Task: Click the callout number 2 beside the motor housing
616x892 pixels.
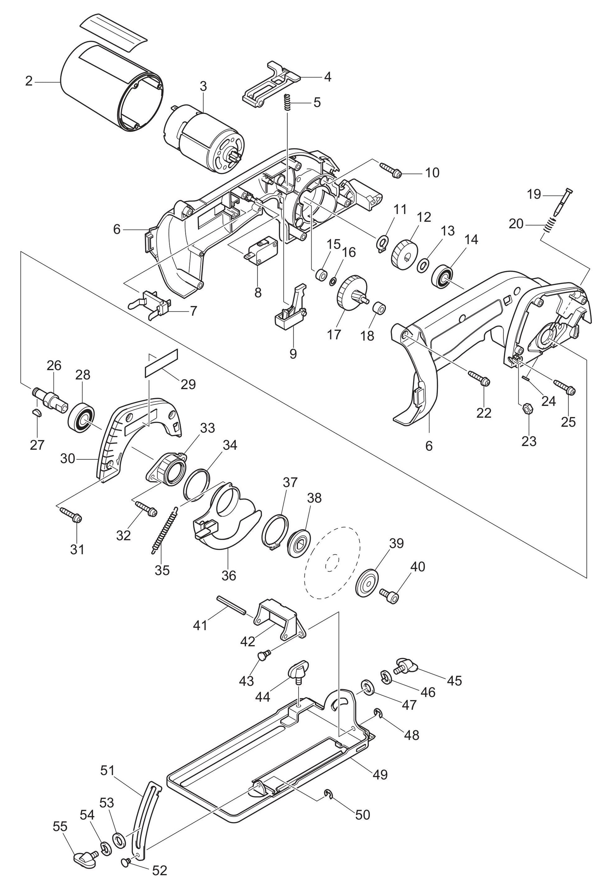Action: coord(28,81)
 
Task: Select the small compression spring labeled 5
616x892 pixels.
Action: coord(287,102)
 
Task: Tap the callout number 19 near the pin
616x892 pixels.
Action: coord(534,194)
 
